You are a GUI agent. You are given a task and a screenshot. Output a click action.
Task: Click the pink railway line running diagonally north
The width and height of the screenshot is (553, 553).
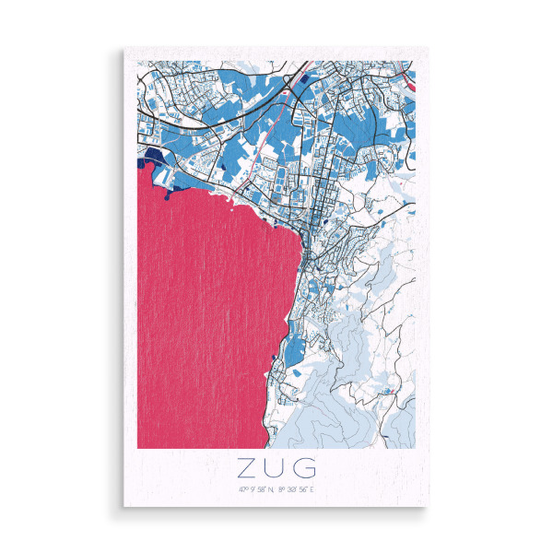[265, 138]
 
